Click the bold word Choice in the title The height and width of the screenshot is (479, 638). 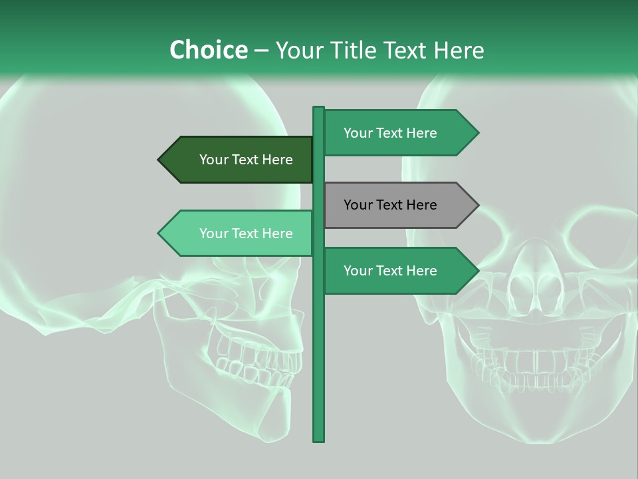tap(208, 50)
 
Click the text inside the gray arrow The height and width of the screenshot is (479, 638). tap(390, 205)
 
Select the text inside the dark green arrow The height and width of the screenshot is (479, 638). tap(246, 160)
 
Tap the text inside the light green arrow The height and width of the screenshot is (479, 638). tap(246, 234)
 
